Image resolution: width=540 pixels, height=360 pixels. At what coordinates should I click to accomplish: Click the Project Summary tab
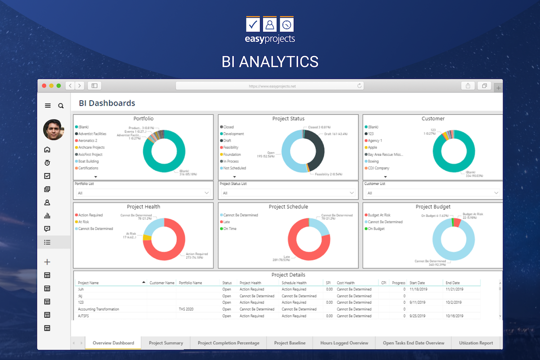[x=166, y=343]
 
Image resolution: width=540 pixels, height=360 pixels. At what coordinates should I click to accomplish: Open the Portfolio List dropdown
[x=142, y=193]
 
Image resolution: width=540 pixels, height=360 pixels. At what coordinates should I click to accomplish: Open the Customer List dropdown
[x=432, y=193]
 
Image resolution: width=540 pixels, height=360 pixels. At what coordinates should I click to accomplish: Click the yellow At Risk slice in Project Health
[x=147, y=237]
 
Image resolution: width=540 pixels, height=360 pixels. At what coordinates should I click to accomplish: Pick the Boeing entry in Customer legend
[x=373, y=161]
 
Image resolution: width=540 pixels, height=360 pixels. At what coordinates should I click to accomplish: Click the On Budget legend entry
[x=376, y=229]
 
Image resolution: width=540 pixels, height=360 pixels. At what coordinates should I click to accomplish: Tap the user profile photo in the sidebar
[x=54, y=130]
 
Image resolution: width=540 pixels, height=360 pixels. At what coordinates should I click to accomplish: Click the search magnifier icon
[x=61, y=106]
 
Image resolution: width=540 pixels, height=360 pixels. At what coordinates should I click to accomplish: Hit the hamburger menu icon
[x=48, y=106]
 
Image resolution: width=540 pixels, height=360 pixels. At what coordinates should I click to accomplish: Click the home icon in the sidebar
[x=47, y=150]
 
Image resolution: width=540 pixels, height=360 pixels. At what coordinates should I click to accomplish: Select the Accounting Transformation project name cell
[x=99, y=309]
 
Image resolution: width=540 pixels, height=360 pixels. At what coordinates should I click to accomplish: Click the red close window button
[x=44, y=85]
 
